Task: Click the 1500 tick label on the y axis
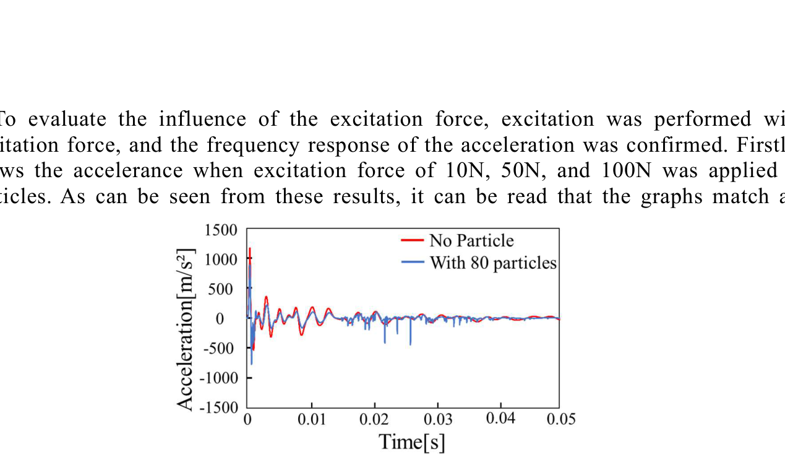[221, 230]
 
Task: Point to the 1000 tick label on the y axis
[221, 260]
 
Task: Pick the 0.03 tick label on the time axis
[438, 420]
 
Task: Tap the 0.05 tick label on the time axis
[560, 419]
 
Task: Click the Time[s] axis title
[411, 442]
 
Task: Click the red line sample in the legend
[411, 240]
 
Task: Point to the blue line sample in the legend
[411, 262]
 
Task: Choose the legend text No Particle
[471, 240]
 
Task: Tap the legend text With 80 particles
[493, 263]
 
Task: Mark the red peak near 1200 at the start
[250, 249]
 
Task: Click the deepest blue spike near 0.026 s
[410, 344]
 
